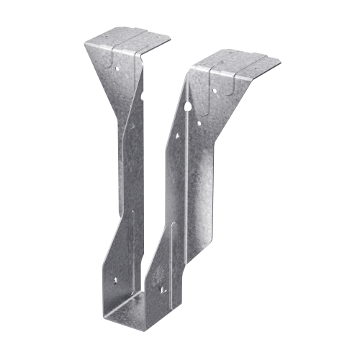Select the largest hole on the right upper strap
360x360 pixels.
[188, 106]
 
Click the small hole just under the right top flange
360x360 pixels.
[213, 90]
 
